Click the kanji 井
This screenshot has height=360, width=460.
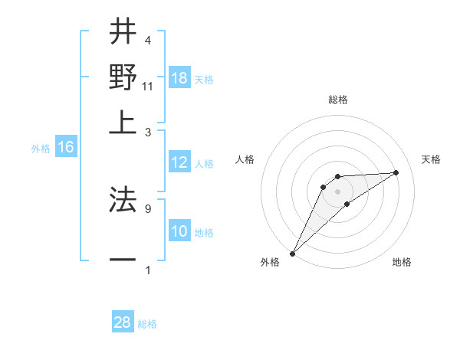122,34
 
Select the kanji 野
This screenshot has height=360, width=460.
122,77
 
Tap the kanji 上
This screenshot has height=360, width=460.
122,121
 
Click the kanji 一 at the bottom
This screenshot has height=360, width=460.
122,260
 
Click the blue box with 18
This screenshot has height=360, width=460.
179,79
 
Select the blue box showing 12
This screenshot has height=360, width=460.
179,162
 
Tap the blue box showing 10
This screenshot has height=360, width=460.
179,231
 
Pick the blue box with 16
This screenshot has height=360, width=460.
66,148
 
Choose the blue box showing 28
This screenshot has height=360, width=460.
123,322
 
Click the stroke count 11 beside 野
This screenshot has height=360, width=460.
148,86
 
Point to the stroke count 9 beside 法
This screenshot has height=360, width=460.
148,208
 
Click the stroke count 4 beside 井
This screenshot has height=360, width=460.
148,41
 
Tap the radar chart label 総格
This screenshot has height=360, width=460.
338,100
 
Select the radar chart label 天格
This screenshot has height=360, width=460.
432,159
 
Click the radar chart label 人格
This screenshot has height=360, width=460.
245,159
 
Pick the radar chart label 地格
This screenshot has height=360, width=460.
402,262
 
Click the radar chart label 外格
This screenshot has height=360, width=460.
270,262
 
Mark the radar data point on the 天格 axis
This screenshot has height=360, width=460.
396,172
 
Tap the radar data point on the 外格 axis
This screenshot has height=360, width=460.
292,254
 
